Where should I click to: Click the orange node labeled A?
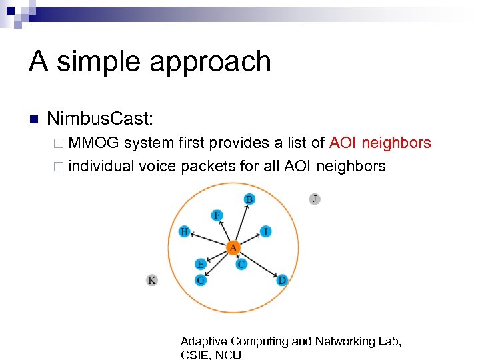coord(233,249)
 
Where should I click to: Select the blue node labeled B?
coord(249,199)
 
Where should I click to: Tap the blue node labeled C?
coord(241,264)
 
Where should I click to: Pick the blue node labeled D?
coord(281,280)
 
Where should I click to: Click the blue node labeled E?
coord(200,265)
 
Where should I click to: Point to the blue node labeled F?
coord(217,215)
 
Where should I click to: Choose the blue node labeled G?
coord(200,280)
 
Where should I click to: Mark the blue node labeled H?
coord(185,231)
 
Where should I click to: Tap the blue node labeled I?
coord(266,231)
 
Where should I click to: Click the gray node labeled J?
coord(315,199)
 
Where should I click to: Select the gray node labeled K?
coord(152,280)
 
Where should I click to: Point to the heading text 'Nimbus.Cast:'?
coord(100,119)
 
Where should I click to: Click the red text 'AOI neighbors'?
coord(380,143)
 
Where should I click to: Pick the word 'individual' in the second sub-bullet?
coord(101,166)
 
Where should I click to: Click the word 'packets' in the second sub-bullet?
coord(209,166)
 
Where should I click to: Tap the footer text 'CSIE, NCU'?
coord(211,355)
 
